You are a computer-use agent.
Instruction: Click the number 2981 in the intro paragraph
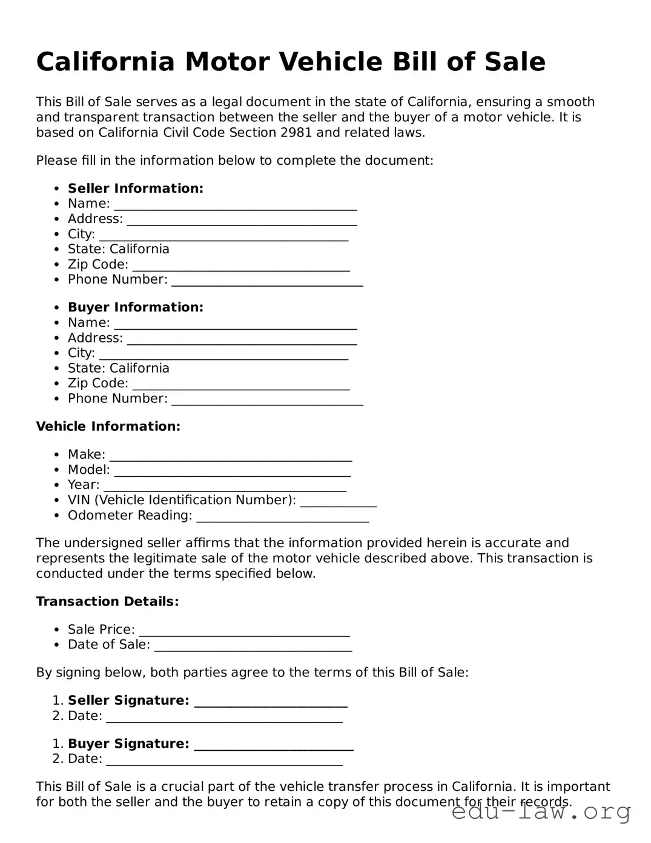tap(297, 133)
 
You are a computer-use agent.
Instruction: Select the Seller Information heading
tap(135, 188)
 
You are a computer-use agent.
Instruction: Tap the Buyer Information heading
tap(135, 307)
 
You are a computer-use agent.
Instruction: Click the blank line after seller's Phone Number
tap(267, 281)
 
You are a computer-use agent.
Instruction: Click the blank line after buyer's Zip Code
tap(240, 385)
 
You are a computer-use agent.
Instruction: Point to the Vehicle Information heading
tap(108, 427)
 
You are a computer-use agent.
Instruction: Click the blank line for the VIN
tap(339, 502)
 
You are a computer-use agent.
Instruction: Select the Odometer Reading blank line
tap(283, 517)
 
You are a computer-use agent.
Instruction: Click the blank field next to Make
tap(230, 456)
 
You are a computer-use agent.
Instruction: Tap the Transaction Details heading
tap(107, 602)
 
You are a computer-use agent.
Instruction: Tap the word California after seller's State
tap(139, 250)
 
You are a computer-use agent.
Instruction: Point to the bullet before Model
tap(56, 470)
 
